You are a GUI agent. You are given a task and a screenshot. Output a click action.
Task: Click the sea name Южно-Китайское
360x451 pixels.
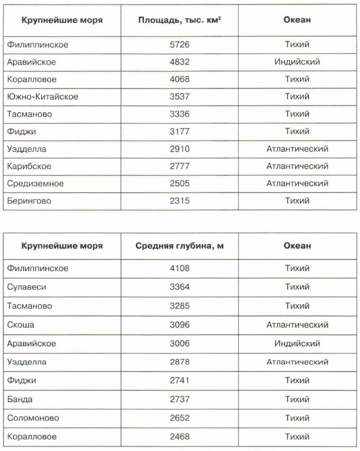point(43,96)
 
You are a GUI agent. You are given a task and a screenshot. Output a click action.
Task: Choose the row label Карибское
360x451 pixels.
point(29,166)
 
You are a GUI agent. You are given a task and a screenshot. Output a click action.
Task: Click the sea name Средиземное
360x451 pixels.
point(35,183)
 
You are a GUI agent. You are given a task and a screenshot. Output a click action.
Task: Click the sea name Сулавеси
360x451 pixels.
point(27,287)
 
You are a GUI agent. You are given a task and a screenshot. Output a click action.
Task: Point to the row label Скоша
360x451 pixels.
point(21,324)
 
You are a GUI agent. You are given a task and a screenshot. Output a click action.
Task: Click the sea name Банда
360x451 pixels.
point(20,399)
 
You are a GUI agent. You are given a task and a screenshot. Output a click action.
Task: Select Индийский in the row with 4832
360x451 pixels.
point(297,61)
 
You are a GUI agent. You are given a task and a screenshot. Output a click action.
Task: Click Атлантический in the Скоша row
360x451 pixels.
point(297,324)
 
